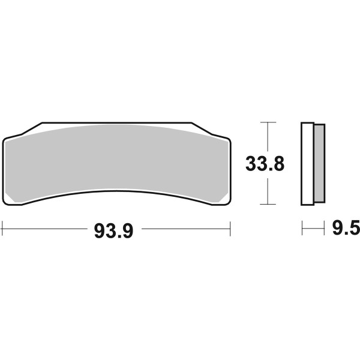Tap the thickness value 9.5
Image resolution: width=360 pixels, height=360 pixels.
[343, 229]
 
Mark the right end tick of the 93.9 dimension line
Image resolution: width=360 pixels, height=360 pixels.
[230, 228]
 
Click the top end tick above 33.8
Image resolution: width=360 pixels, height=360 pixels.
[268, 122]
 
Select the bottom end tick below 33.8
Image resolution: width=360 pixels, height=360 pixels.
[268, 204]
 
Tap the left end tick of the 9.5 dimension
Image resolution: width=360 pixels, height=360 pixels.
[302, 228]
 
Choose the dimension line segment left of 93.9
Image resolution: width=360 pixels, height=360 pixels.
[45, 228]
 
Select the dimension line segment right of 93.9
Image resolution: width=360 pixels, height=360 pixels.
[186, 228]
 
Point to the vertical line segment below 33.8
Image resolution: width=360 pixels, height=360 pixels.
[268, 191]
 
